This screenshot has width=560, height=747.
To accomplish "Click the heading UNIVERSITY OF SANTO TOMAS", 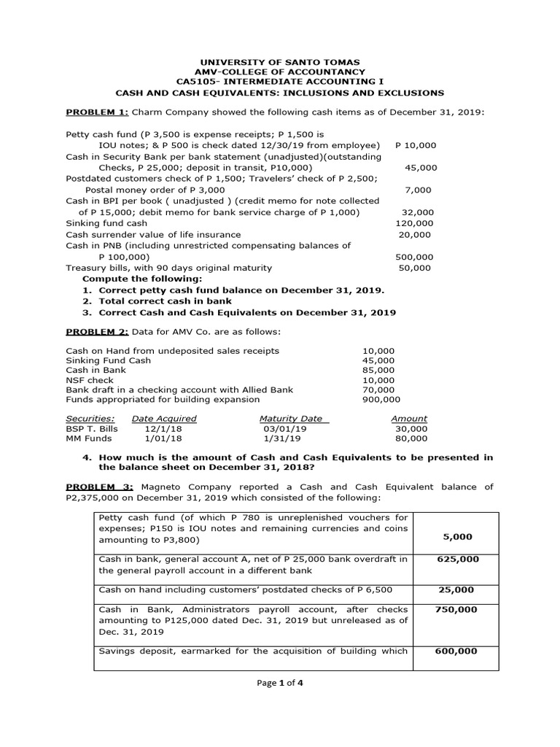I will point(280,62).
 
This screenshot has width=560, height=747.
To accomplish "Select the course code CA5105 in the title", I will point(196,82).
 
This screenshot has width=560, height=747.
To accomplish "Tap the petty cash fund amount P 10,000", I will point(415,146).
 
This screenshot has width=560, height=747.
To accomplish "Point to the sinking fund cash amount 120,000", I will point(413,223).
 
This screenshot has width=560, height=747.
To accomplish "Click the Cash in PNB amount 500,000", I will point(413,257).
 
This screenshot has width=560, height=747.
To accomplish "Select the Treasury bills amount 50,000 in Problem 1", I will point(415,268).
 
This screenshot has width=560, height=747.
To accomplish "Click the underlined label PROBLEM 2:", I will point(97,331).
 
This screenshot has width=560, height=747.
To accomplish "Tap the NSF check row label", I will point(87,380).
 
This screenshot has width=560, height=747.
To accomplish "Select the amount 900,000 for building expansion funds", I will point(381,399).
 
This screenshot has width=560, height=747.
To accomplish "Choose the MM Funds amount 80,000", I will point(411,438).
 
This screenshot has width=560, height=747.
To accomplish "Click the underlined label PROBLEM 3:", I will point(97,487).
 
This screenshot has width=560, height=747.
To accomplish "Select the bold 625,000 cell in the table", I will point(457,559).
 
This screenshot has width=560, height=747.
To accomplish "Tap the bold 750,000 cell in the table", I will point(457,609).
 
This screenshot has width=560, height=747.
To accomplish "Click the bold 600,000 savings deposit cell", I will point(457,651).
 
